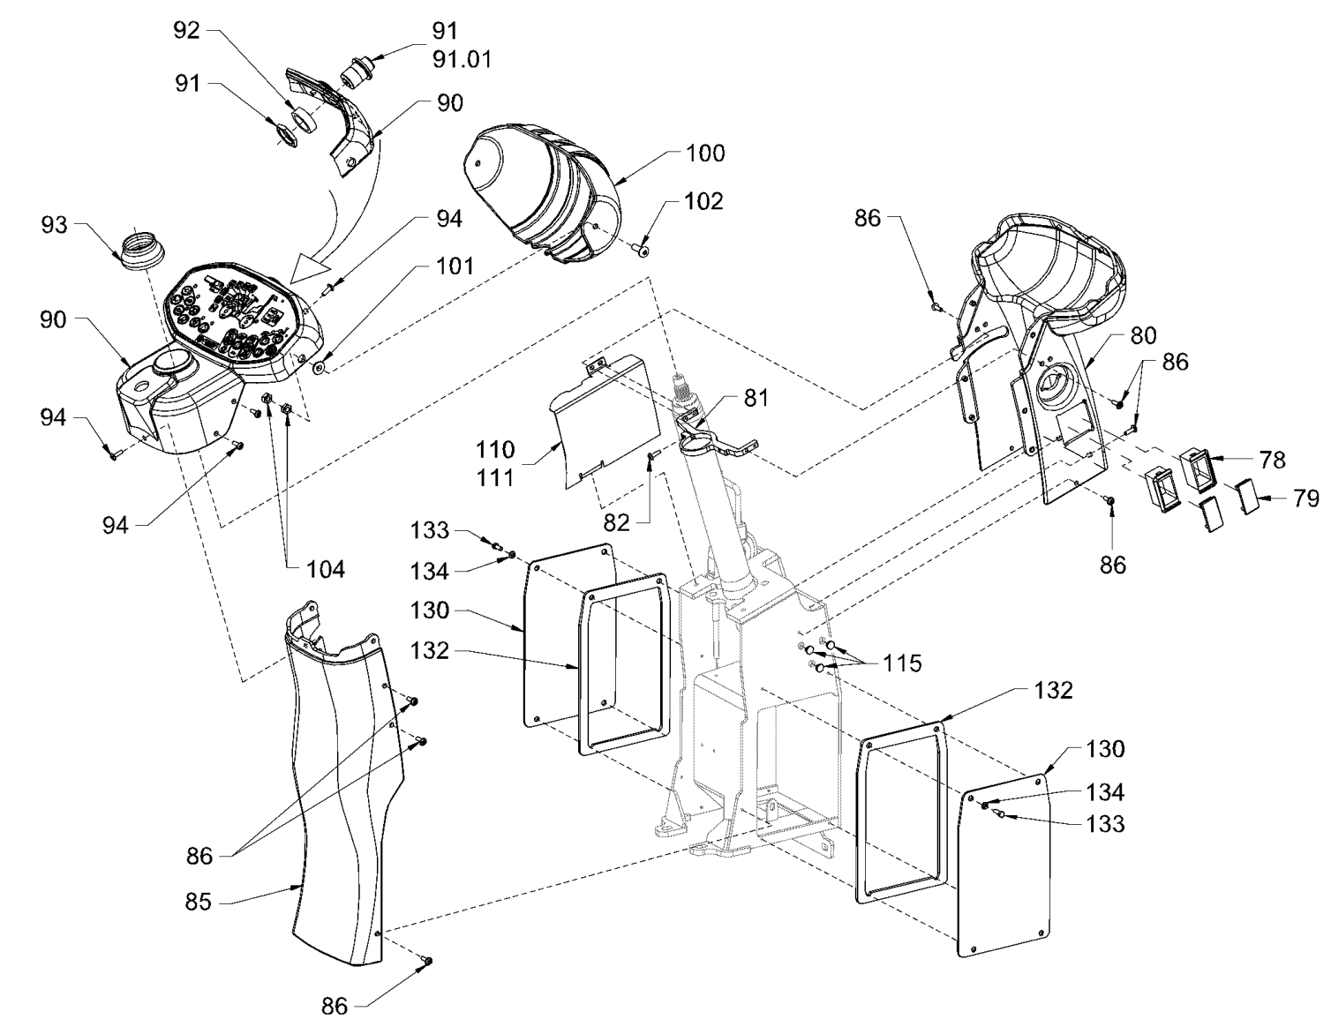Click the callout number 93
click(x=54, y=225)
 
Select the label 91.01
click(x=462, y=59)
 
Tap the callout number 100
click(x=705, y=154)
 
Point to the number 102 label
click(x=703, y=202)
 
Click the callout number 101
click(x=454, y=266)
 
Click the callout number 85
click(x=199, y=903)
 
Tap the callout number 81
click(x=756, y=398)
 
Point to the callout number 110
click(x=495, y=450)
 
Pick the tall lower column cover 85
click(x=340, y=794)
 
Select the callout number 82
click(x=617, y=523)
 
